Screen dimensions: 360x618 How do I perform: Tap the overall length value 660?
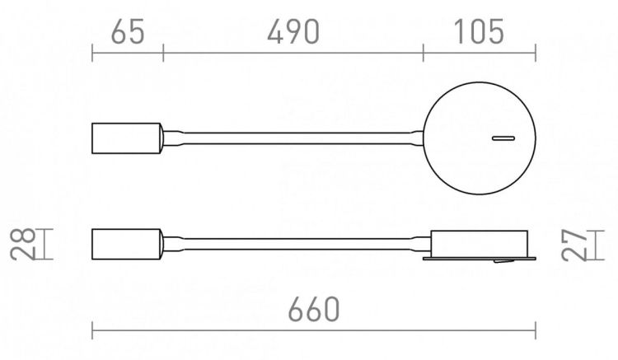coord(314,310)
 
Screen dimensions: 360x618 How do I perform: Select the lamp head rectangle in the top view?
coord(127,138)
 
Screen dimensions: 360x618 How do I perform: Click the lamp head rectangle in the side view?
coord(127,244)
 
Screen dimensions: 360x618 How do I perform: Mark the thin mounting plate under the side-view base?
coord(478,259)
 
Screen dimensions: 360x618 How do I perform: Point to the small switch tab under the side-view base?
coord(500,263)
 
